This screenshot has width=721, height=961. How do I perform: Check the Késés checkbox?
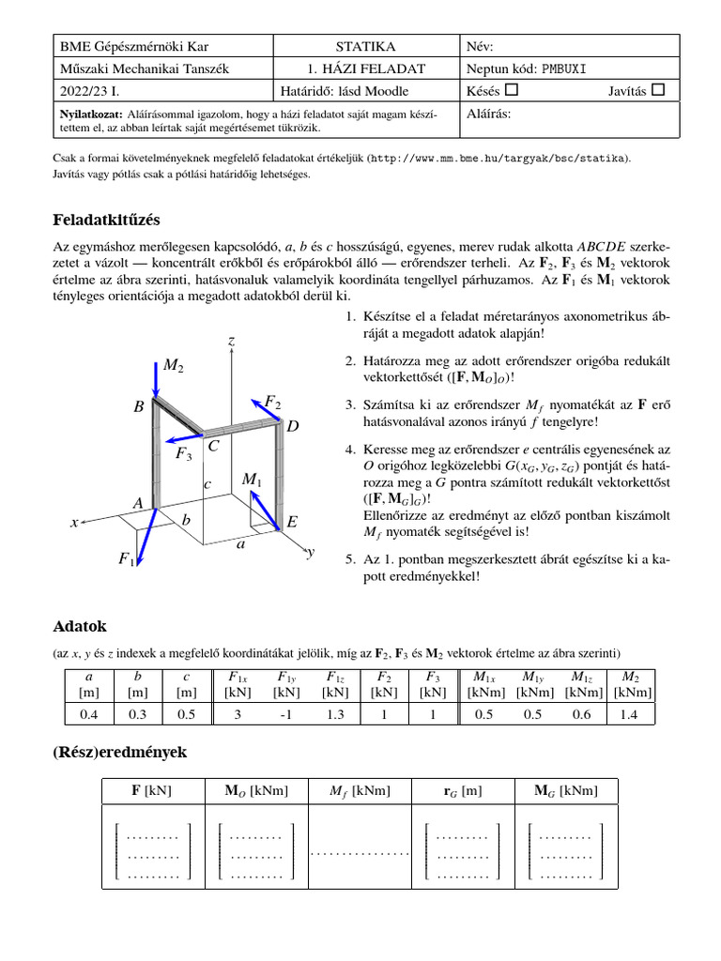point(511,90)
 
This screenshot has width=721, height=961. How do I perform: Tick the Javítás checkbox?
point(657,90)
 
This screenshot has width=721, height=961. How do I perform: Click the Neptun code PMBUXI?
point(570,69)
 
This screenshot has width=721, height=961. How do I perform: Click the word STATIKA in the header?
point(365,46)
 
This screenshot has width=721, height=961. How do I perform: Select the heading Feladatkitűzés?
point(106,220)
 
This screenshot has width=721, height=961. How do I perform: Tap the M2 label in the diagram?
point(173,365)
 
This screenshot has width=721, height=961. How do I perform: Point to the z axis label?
point(231,342)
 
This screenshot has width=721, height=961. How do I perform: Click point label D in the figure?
point(292,426)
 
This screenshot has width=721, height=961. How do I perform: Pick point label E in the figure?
point(291,520)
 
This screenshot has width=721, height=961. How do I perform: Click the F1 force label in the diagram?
point(126,559)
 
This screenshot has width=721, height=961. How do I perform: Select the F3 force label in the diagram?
point(184,454)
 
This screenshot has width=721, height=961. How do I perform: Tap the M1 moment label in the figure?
point(252,480)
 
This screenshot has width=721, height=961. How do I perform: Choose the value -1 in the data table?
point(285,714)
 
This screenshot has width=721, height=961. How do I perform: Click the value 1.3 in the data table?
point(334,714)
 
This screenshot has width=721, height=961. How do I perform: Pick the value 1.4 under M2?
point(632,714)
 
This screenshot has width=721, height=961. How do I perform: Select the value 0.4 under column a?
point(88,714)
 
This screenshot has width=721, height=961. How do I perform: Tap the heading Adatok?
point(80,625)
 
